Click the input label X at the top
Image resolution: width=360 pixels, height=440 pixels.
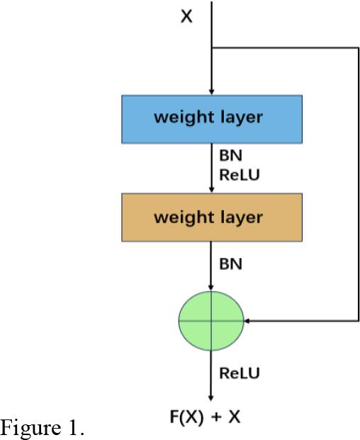(x=186, y=16)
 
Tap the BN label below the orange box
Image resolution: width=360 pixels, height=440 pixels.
(x=230, y=264)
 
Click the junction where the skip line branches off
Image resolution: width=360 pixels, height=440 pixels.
(x=212, y=48)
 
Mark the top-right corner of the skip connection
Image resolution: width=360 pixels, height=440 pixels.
(x=359, y=48)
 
